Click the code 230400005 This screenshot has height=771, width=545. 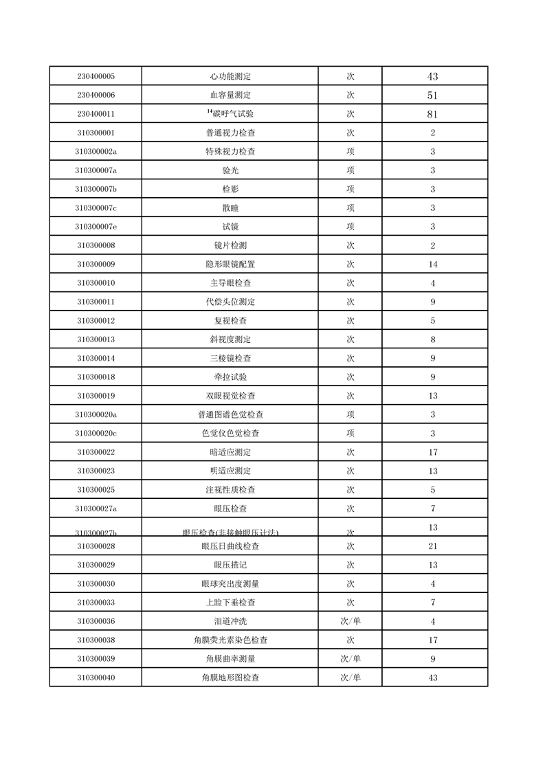pos(96,76)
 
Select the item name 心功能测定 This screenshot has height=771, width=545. pos(230,76)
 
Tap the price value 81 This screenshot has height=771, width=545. pos(432,114)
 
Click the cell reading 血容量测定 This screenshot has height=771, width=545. pos(230,96)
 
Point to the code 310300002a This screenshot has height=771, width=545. pos(96,152)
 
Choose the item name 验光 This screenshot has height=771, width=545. pos(230,170)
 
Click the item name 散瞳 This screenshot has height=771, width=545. pos(230,208)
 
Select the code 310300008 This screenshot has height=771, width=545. pos(96,245)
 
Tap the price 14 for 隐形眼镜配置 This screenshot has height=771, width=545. pos(432,265)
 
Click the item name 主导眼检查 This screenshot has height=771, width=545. pos(230,283)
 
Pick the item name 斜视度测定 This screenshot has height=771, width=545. pos(230,339)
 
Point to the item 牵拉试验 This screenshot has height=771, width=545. pos(230,377)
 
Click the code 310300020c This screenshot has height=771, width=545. pos(96,434)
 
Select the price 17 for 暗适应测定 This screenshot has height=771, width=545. pos(432,452)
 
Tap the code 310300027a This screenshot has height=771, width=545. pos(96,509)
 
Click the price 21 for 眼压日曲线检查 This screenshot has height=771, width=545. pos(432,546)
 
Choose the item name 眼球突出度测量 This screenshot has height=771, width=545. pos(230,584)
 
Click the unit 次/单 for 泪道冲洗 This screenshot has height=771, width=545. pos(351,622)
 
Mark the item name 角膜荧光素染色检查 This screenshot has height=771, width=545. pos(230,640)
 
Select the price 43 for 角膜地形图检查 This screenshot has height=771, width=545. pos(432,678)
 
